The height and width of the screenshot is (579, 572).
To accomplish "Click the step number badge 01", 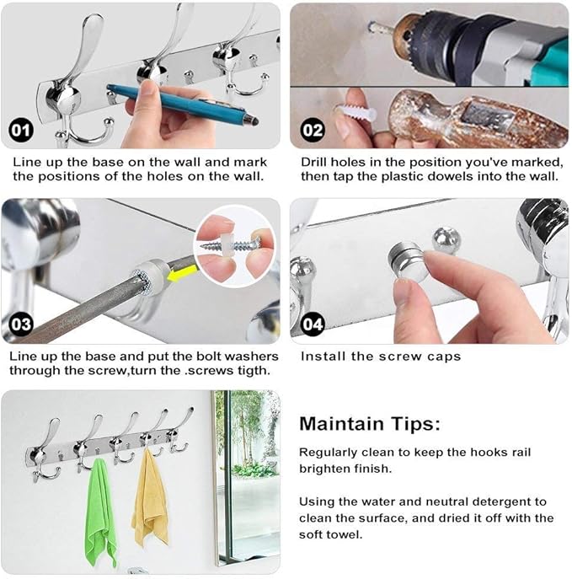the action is [21, 130].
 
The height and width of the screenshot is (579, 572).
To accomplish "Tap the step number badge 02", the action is [313, 130].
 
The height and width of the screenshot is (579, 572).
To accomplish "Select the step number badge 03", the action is [21, 324].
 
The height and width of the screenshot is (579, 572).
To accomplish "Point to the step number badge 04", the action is [313, 324].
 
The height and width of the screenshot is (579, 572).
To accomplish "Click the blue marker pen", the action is [183, 105].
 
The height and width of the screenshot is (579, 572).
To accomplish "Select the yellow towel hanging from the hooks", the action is [150, 497].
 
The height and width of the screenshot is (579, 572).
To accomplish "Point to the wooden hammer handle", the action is [476, 118].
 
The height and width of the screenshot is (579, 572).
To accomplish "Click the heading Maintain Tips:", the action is [370, 424].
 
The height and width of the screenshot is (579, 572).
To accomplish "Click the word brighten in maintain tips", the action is [324, 469].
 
